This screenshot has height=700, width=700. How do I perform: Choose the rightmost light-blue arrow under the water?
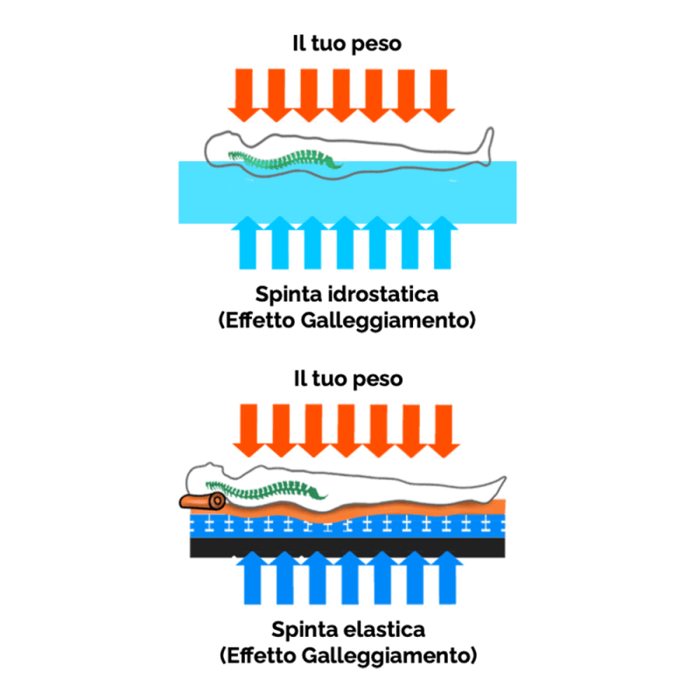point(444,241)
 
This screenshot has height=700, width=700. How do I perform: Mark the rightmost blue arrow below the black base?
point(447,580)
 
